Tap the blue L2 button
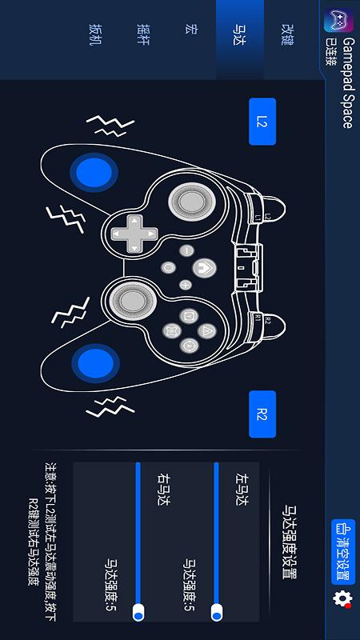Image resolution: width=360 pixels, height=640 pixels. tap(262, 122)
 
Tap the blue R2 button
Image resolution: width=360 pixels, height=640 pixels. tap(262, 414)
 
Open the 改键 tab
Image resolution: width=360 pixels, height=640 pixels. tap(288, 34)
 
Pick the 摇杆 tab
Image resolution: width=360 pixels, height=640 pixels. tap(143, 34)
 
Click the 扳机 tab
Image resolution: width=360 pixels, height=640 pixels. tap(95, 34)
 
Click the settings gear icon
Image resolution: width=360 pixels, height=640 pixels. tap(342, 598)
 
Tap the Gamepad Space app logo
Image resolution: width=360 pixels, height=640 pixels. tap(338, 21)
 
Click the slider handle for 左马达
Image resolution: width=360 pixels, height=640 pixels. tap(217, 613)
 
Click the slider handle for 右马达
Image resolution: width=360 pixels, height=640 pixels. tap(138, 613)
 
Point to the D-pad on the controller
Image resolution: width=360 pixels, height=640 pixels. tap(134, 234)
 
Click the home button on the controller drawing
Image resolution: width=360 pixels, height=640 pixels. tap(204, 268)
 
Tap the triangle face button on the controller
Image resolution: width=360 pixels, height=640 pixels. tap(206, 330)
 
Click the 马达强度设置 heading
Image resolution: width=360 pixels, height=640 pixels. tap(290, 542)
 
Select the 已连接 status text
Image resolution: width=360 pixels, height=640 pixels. tap(330, 52)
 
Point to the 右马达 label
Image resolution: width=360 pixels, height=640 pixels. tap(163, 489)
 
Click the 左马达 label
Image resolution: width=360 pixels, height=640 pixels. tap(242, 489)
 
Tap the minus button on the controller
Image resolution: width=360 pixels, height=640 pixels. tap(186, 250)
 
